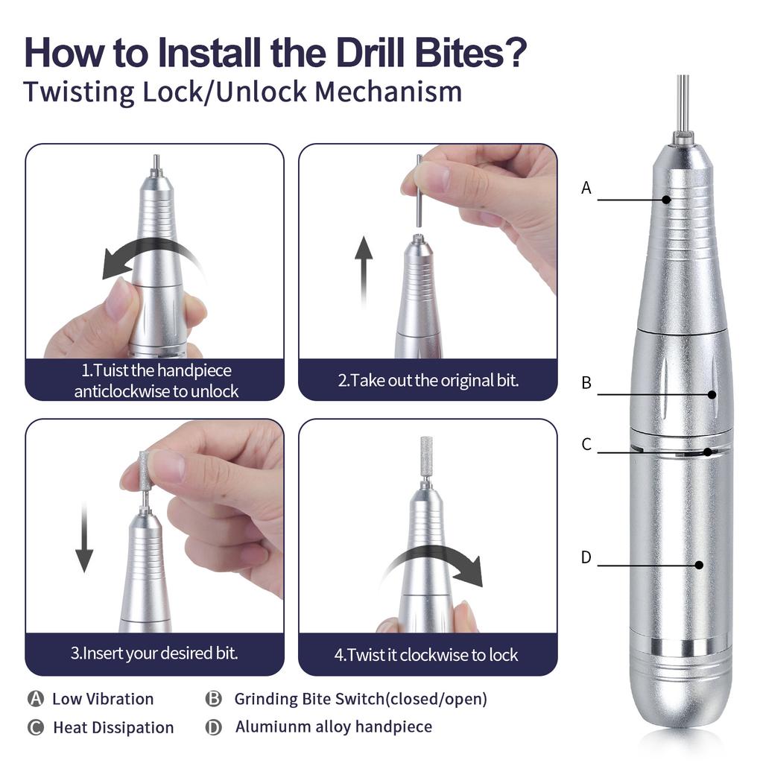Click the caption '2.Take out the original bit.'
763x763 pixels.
(x=428, y=380)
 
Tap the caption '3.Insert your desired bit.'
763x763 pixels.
(x=154, y=654)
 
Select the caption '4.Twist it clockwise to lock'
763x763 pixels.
(x=425, y=656)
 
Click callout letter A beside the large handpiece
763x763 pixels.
(x=586, y=189)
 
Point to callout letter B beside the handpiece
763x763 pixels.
(x=586, y=383)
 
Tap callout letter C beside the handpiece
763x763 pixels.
(x=586, y=445)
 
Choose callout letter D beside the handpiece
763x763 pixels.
(x=586, y=557)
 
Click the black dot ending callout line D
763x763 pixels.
(x=699, y=566)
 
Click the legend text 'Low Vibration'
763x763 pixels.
(x=103, y=699)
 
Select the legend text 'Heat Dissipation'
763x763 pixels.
(x=113, y=727)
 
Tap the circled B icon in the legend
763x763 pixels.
(x=214, y=699)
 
